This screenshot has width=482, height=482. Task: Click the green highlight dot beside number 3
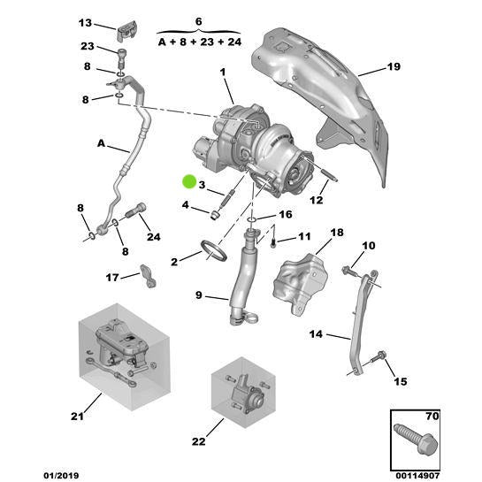tap(188, 182)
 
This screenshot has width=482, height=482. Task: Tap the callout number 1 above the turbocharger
tap(224, 72)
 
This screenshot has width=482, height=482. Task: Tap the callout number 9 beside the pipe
tap(199, 295)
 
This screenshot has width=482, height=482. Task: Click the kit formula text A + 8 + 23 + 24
tap(198, 42)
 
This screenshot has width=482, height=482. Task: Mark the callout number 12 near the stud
tap(316, 201)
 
